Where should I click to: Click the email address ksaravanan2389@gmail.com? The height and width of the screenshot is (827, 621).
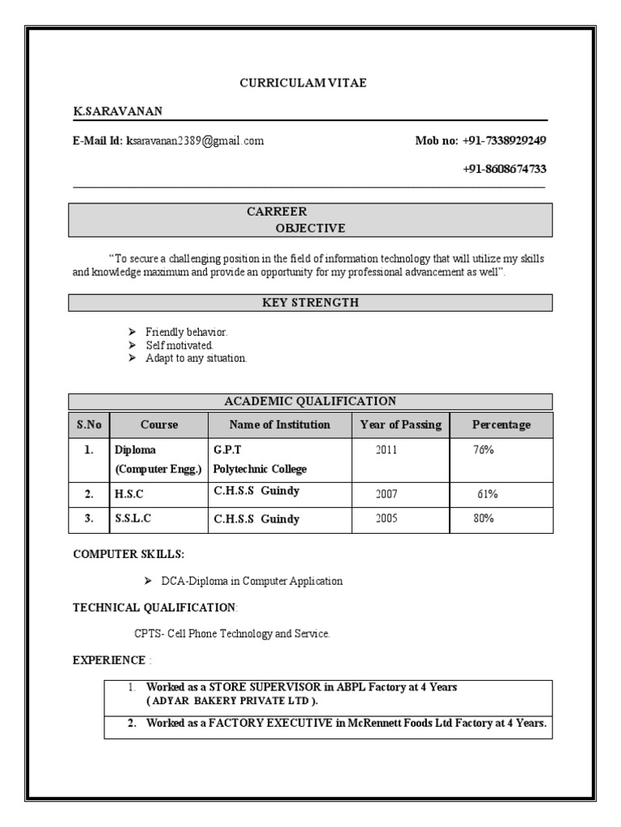[195, 141]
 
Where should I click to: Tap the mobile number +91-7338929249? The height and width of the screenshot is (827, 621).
[504, 141]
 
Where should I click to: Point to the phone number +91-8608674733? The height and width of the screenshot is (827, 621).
[504, 169]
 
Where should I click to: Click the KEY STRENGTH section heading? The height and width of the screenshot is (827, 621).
[310, 303]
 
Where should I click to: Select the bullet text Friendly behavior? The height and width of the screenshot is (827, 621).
[186, 332]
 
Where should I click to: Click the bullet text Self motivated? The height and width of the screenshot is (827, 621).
[179, 345]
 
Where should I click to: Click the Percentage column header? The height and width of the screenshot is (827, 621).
[501, 425]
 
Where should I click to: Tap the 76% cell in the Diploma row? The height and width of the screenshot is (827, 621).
[484, 451]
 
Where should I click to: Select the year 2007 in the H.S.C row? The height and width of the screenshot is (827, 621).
[387, 493]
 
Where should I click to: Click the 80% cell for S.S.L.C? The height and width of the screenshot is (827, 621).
[484, 518]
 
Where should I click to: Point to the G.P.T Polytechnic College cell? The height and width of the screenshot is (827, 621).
[260, 460]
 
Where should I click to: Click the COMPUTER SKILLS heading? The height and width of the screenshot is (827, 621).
[129, 554]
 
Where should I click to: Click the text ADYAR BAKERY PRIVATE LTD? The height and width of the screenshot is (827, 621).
[231, 701]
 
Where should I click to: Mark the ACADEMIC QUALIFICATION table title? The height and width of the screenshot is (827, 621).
[310, 401]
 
